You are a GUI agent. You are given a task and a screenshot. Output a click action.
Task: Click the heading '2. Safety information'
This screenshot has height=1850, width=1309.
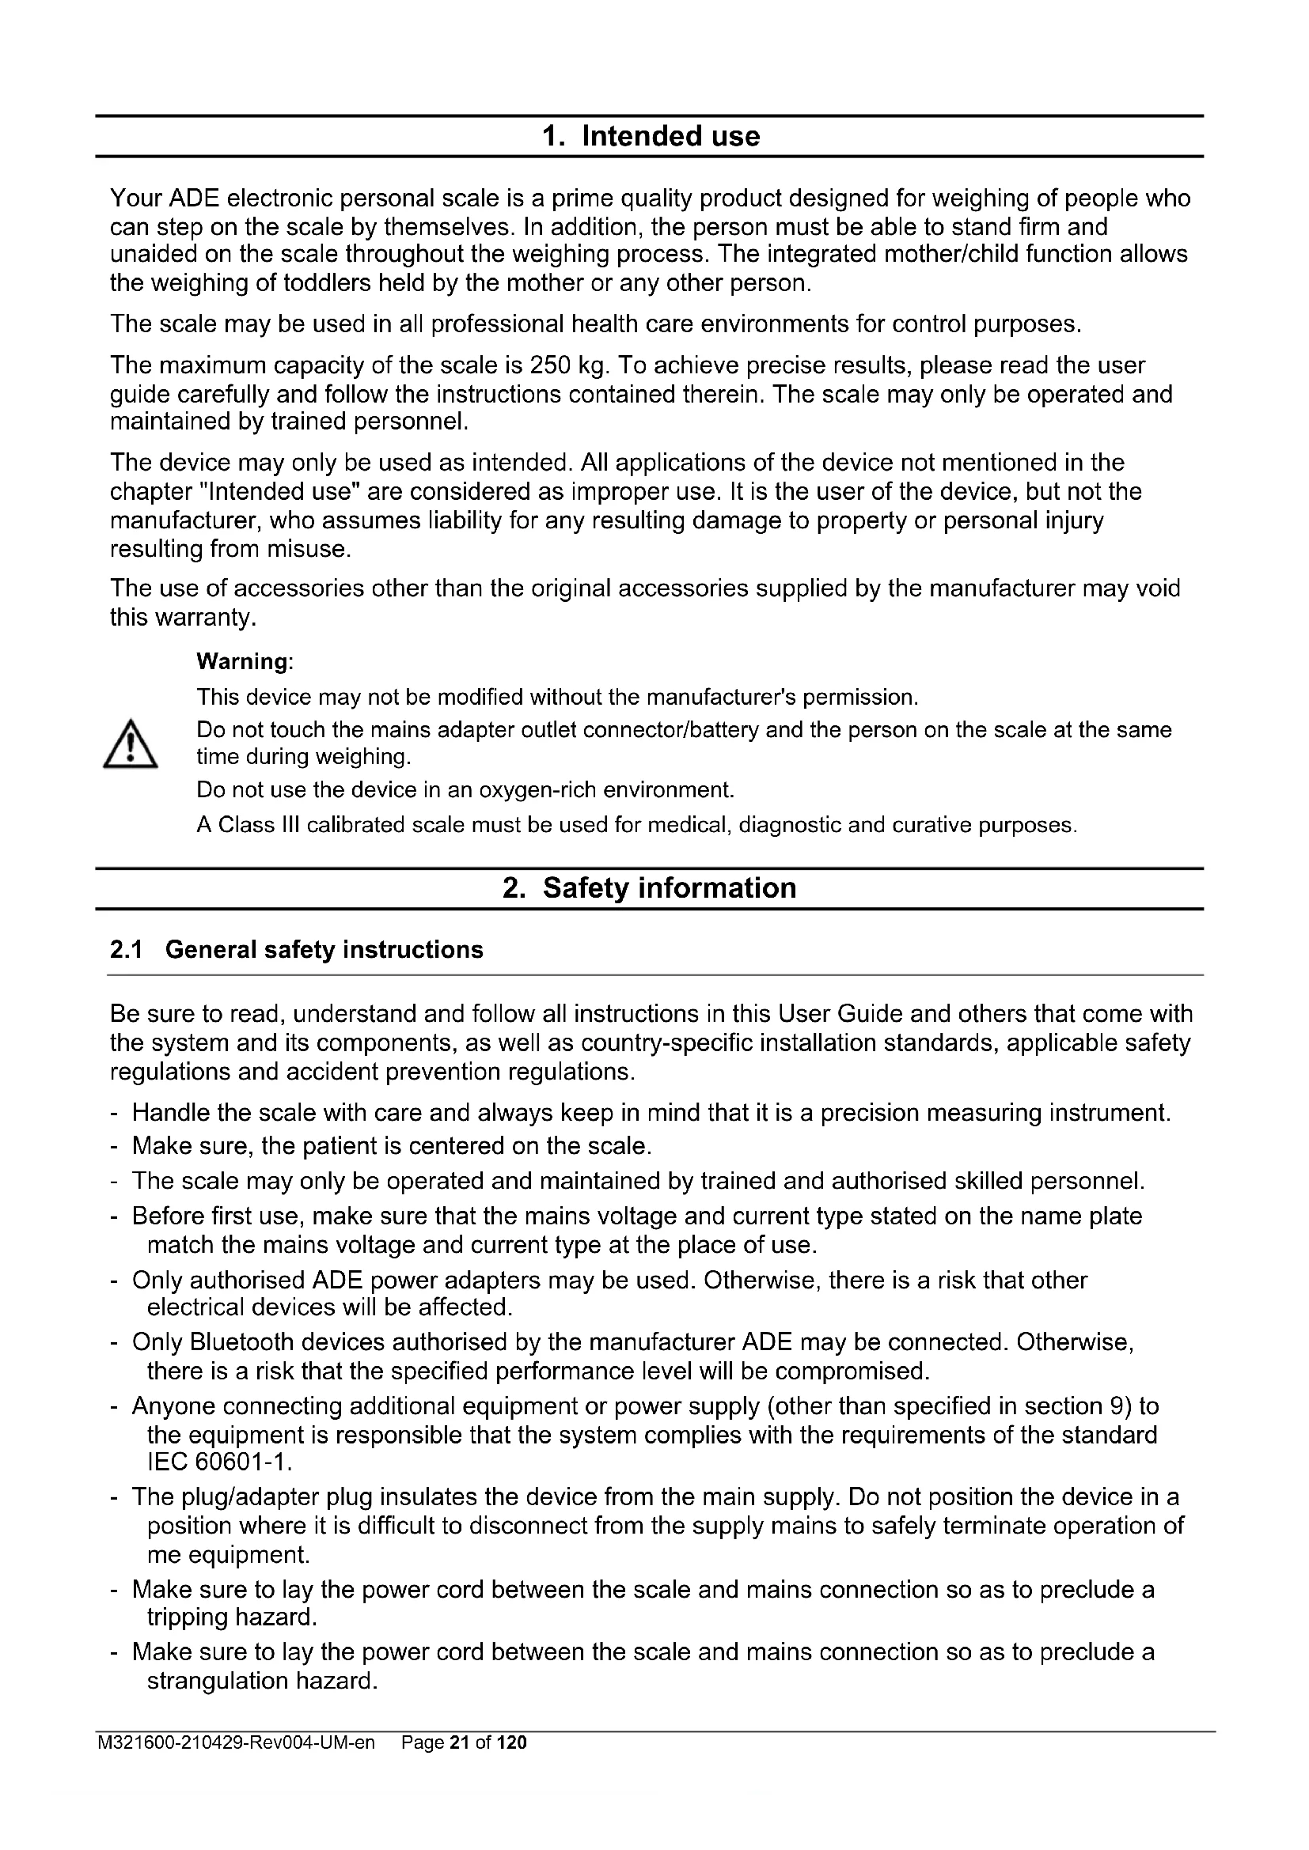tap(650, 888)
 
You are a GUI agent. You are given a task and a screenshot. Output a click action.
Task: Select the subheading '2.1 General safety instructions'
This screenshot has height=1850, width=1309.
tap(297, 950)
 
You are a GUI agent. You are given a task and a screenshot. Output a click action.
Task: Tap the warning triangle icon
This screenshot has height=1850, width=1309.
tap(131, 744)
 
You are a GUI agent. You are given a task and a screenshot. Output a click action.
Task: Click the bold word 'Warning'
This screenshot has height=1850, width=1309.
tap(243, 661)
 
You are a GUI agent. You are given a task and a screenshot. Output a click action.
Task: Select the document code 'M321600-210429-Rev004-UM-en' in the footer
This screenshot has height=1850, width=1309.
tap(236, 1743)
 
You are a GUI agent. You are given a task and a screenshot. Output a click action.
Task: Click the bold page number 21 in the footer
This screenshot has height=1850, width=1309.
tap(460, 1743)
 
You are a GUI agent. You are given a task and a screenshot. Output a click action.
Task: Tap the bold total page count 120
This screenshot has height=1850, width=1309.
tap(512, 1743)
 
